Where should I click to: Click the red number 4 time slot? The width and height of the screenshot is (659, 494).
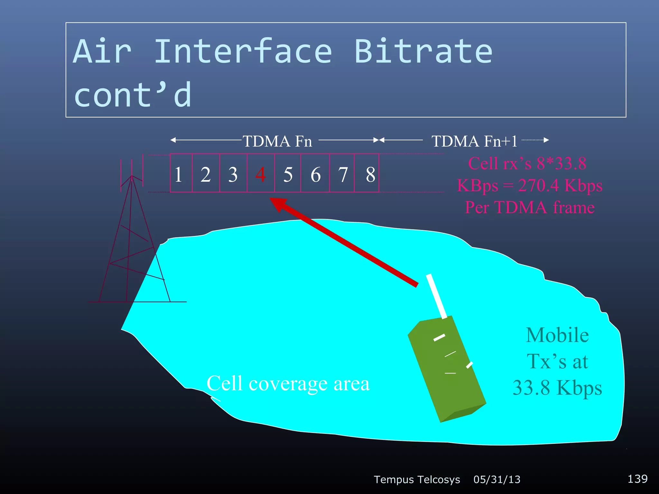tap(261, 174)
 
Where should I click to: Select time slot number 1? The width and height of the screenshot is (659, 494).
tap(179, 174)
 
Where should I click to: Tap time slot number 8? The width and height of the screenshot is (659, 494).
tap(370, 174)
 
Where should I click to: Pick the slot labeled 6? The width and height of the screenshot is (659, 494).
tap(315, 174)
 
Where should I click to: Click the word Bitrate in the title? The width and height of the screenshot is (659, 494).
tap(423, 51)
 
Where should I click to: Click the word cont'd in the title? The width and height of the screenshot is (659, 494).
tap(133, 95)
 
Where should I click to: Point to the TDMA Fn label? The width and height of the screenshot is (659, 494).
tap(277, 141)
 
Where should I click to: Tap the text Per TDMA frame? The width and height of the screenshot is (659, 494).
tap(530, 207)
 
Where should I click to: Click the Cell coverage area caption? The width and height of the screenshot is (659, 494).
tap(288, 383)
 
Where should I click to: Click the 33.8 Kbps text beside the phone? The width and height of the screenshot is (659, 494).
tap(557, 388)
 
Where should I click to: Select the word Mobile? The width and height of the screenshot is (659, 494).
tap(557, 335)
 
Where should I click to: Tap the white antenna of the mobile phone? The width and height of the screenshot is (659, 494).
tap(437, 296)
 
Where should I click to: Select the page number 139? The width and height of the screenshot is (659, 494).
tap(637, 479)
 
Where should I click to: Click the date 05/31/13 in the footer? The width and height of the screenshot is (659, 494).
tap(497, 480)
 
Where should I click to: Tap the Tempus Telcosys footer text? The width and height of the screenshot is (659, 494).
tap(417, 480)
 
